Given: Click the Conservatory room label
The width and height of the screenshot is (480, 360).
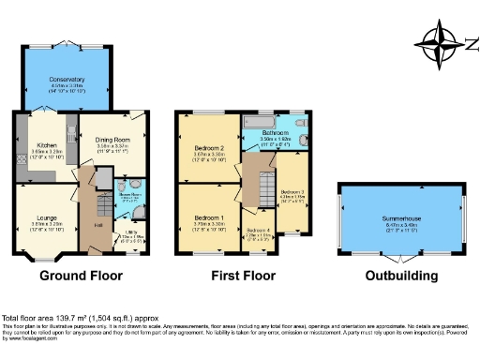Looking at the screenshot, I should [x=67, y=81].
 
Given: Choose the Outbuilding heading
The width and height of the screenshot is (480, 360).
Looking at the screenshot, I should [x=401, y=277].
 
